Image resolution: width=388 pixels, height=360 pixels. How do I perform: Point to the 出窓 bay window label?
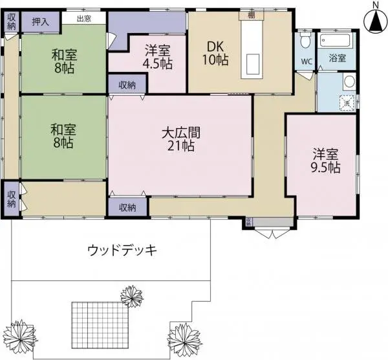pos(84,19)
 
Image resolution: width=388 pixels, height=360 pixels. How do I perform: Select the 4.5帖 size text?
pos(158,63)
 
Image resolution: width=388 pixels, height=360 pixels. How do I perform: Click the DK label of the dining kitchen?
pos(215,47)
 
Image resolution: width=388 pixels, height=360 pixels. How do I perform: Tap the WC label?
pos(305,63)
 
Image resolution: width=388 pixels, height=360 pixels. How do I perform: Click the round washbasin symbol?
pos(349,82)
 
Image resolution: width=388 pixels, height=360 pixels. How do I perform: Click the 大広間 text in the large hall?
pos(180,133)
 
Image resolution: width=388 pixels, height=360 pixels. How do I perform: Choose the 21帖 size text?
pos(180,146)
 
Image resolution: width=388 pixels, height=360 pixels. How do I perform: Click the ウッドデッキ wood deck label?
pos(122,250)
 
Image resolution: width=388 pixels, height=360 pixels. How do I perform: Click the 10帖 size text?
pos(217,60)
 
